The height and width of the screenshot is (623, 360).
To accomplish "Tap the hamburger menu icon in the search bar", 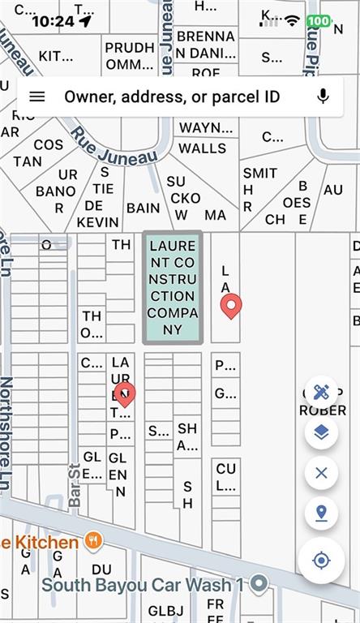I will pyautogui.click(x=37, y=97).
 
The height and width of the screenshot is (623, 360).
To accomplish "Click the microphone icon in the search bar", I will pyautogui.click(x=323, y=97).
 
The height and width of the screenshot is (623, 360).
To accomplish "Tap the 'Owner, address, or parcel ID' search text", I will pyautogui.click(x=172, y=97).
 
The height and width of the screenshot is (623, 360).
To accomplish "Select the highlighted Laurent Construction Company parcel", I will pyautogui.click(x=172, y=287).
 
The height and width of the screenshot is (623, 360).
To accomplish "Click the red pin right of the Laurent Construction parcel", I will pyautogui.click(x=231, y=307).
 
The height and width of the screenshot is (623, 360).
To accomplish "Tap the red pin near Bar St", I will pyautogui.click(x=124, y=395).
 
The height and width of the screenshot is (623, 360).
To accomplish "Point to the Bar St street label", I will pyautogui.click(x=75, y=485).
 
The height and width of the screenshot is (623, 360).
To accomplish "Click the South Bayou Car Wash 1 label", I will pyautogui.click(x=143, y=584).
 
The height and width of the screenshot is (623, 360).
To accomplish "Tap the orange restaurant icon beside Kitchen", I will pyautogui.click(x=94, y=541).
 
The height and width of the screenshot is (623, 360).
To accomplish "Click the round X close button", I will pyautogui.click(x=321, y=472).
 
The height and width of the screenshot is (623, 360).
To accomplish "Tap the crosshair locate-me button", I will pyautogui.click(x=321, y=560).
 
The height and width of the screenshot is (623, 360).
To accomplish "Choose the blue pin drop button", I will pyautogui.click(x=321, y=513).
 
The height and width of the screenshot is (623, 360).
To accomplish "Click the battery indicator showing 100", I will pyautogui.click(x=319, y=20).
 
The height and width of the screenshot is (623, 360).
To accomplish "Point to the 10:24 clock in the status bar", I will pyautogui.click(x=53, y=21).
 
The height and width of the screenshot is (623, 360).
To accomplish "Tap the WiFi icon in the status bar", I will pyautogui.click(x=292, y=19).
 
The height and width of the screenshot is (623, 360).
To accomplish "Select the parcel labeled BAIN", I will pyautogui.click(x=143, y=208).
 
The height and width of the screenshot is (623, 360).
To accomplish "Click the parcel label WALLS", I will pyautogui.click(x=202, y=148).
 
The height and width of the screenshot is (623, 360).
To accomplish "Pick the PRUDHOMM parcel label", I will pyautogui.click(x=130, y=55).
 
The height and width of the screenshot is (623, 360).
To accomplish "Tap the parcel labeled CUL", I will pyautogui.click(x=226, y=478).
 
